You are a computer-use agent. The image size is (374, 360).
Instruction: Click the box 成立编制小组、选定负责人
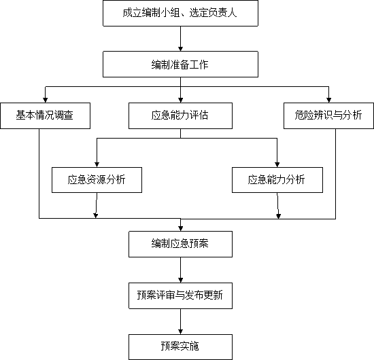[180, 13]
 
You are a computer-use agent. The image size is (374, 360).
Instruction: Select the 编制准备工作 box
[180, 64]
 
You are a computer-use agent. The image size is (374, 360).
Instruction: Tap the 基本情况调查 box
[45, 115]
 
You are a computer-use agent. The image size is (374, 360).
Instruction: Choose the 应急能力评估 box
[180, 115]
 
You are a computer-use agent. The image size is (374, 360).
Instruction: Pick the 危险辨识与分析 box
[328, 115]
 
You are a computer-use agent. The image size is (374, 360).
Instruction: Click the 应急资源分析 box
[97, 180]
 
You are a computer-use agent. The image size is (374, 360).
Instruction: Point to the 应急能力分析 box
[277, 180]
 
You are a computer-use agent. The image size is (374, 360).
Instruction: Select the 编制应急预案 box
[180, 244]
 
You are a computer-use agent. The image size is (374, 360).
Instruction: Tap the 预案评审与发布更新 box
[180, 295]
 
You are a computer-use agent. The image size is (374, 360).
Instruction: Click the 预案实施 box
[180, 347]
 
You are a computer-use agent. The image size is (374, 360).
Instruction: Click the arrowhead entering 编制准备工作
[180, 49]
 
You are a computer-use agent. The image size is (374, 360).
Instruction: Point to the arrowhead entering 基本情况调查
[45, 101]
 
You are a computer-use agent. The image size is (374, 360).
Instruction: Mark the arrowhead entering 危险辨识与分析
[328, 101]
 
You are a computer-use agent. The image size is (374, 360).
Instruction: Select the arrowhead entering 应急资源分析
[97, 165]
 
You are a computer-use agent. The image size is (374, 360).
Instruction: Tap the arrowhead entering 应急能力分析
[277, 165]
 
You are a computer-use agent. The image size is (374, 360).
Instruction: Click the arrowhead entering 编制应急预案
[180, 229]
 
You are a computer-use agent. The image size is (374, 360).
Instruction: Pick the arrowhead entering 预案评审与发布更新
[180, 281]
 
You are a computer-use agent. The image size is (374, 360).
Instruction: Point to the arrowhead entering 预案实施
[180, 332]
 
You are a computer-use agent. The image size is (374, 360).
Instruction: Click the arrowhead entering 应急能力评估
[180, 101]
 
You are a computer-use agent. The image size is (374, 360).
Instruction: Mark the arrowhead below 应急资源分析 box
[96, 216]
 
